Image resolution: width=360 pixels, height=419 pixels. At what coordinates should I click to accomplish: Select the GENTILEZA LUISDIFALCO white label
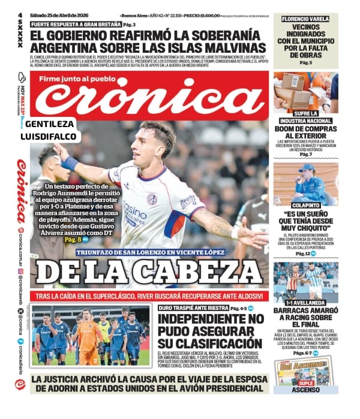50,130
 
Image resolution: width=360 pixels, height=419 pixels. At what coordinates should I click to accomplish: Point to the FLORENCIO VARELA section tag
305,19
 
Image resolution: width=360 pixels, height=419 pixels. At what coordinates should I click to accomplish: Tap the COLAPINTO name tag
305,204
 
